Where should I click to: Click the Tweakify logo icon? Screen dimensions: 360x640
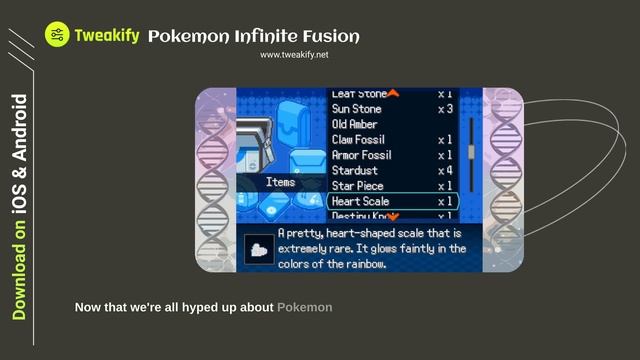pyautogui.click(x=57, y=35)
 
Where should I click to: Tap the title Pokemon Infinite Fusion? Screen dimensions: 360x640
pyautogui.click(x=253, y=37)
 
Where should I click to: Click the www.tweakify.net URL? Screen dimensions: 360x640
pyautogui.click(x=294, y=55)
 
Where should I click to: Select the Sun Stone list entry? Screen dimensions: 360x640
pyautogui.click(x=357, y=109)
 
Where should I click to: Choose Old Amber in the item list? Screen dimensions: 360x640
pyautogui.click(x=354, y=124)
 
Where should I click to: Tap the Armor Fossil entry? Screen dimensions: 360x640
pyautogui.click(x=362, y=155)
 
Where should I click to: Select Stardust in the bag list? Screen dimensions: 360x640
pyautogui.click(x=355, y=171)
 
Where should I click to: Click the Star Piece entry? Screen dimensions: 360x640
pyautogui.click(x=358, y=186)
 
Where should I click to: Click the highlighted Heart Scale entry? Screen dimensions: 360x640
pyautogui.click(x=361, y=202)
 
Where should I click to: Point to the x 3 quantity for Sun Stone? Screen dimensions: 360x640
pyautogui.click(x=445, y=109)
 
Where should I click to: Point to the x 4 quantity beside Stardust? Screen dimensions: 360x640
pyautogui.click(x=445, y=171)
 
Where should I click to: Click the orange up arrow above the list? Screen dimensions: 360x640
pyautogui.click(x=393, y=93)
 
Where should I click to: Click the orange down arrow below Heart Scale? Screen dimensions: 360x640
pyautogui.click(x=393, y=216)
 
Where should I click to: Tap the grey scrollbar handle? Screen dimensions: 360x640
pyautogui.click(x=471, y=152)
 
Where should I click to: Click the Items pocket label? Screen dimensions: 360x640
pyautogui.click(x=280, y=183)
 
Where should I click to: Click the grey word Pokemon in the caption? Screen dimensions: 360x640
pyautogui.click(x=305, y=307)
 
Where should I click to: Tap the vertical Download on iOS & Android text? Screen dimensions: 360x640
pyautogui.click(x=19, y=207)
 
